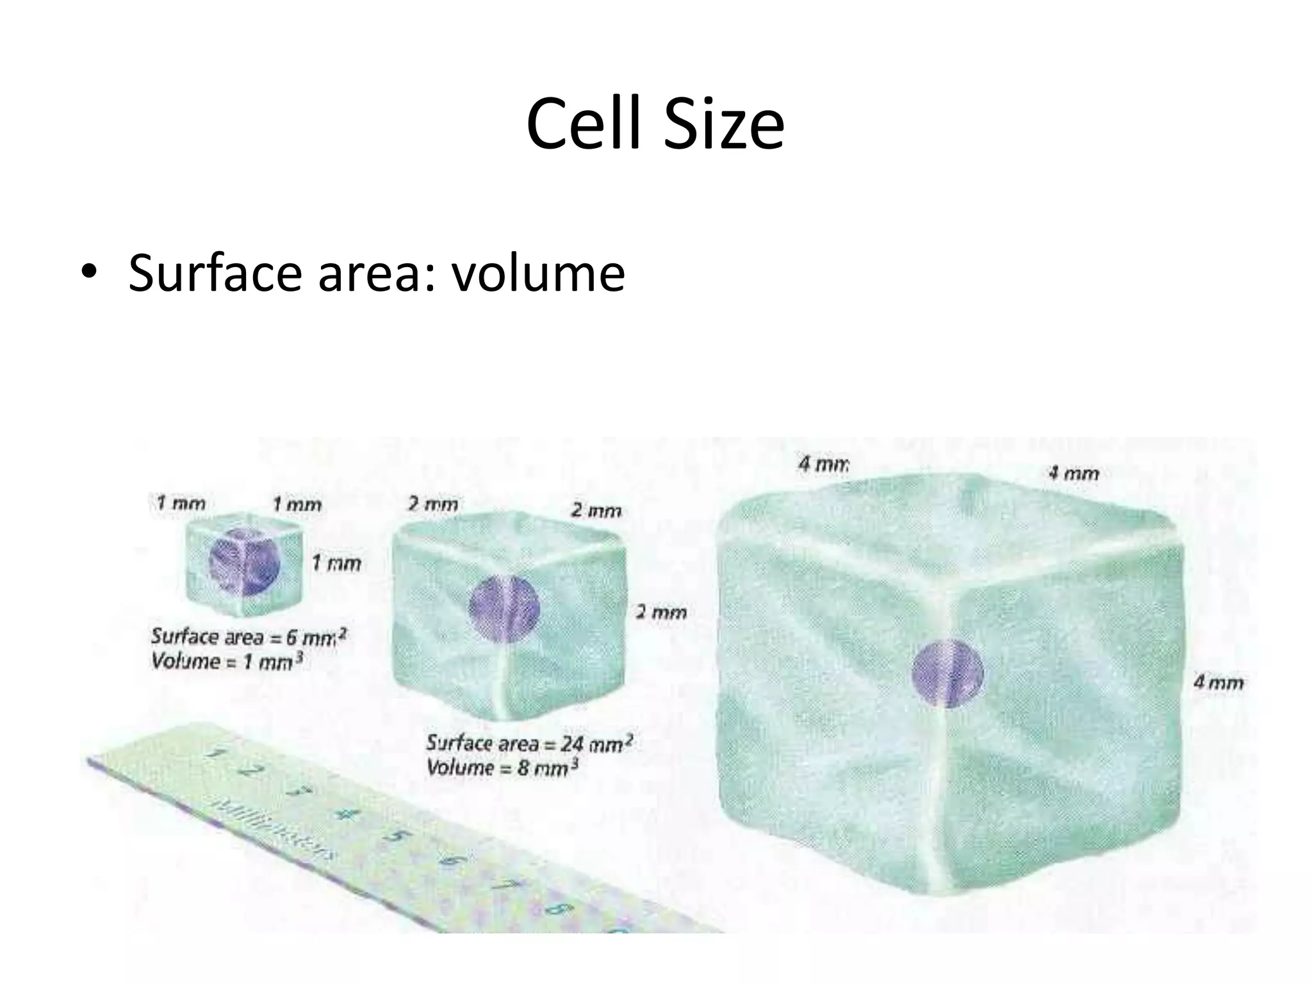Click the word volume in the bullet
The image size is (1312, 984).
(x=537, y=273)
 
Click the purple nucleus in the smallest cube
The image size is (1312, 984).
(x=244, y=564)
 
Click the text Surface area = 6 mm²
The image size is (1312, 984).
(x=249, y=637)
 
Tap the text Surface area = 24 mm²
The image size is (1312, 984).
(x=529, y=743)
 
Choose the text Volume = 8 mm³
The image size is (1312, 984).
(x=502, y=767)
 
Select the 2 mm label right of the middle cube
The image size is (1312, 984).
(x=661, y=612)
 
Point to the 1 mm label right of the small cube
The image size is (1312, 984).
(x=336, y=564)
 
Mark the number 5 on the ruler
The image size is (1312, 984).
(x=397, y=837)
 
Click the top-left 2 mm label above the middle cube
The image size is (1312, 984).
(x=433, y=505)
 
